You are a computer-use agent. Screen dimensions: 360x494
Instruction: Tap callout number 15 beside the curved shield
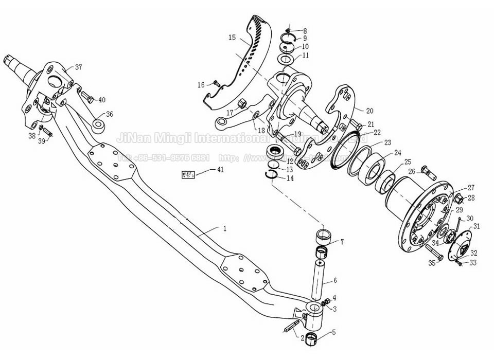pyautogui.click(x=232, y=37)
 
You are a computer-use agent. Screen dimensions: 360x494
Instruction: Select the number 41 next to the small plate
pyautogui.click(x=220, y=169)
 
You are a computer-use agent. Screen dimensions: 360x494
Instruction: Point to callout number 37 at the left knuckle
pyautogui.click(x=78, y=67)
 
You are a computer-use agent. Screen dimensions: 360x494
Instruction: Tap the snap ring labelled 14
pyautogui.click(x=272, y=175)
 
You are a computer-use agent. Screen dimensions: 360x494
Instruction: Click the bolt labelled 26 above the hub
pyautogui.click(x=428, y=172)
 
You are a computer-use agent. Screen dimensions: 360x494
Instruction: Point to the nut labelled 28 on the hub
pyautogui.click(x=459, y=197)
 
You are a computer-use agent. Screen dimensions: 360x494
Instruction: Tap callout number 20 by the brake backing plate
pyautogui.click(x=369, y=111)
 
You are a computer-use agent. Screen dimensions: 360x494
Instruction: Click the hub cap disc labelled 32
pyautogui.click(x=457, y=249)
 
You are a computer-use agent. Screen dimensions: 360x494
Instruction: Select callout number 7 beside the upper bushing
pyautogui.click(x=342, y=242)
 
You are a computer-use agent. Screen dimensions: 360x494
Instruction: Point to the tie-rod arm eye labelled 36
pyautogui.click(x=99, y=125)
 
